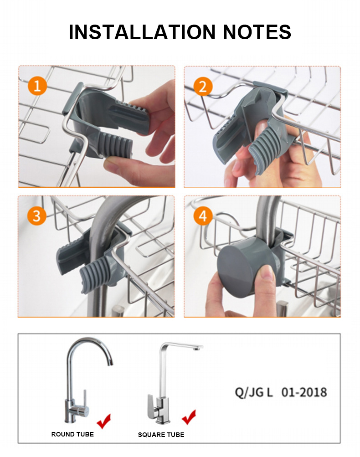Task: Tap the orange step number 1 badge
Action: tap(37, 85)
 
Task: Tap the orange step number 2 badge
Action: tap(203, 85)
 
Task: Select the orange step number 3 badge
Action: tap(37, 216)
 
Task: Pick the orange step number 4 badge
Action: tap(203, 216)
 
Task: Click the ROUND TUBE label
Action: tap(72, 434)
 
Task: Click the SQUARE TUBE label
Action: tap(161, 435)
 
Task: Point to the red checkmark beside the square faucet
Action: tap(189, 416)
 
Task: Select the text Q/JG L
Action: tap(253, 392)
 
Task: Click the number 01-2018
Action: tap(304, 392)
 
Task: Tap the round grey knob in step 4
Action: tap(239, 269)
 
